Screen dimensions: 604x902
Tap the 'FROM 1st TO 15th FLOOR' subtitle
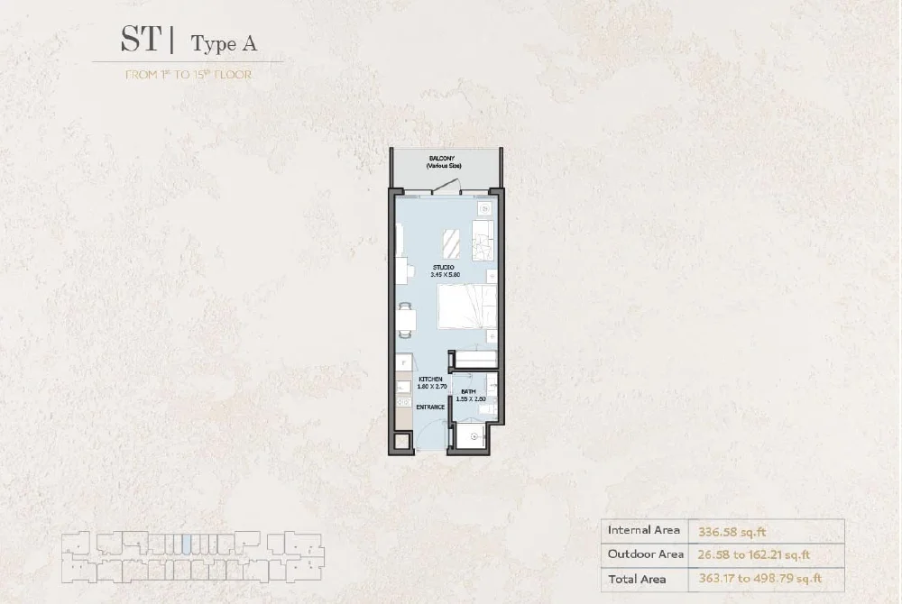click(x=188, y=75)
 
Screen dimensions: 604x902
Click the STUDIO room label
click(x=442, y=268)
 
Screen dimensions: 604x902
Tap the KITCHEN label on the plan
click(x=430, y=379)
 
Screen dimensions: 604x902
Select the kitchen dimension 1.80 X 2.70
click(x=431, y=387)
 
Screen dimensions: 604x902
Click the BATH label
click(x=468, y=391)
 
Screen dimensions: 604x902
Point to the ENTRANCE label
click(x=430, y=407)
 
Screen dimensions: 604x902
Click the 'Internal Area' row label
click(x=643, y=530)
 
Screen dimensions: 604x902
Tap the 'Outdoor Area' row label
click(x=646, y=554)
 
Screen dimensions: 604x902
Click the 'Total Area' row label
click(x=637, y=579)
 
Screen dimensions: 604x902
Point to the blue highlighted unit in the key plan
click(x=186, y=544)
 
